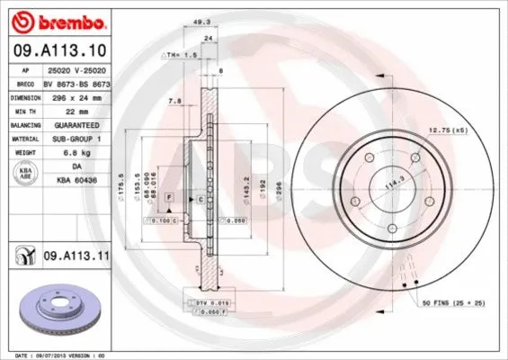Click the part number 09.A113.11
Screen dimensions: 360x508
click(x=76, y=256)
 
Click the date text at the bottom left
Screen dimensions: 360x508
click(x=56, y=355)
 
